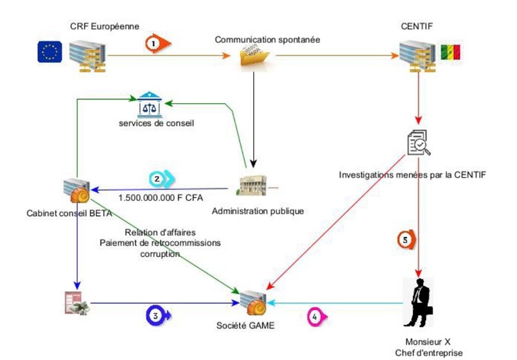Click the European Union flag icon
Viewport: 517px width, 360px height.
50,53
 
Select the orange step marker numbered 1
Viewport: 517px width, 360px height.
157,45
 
